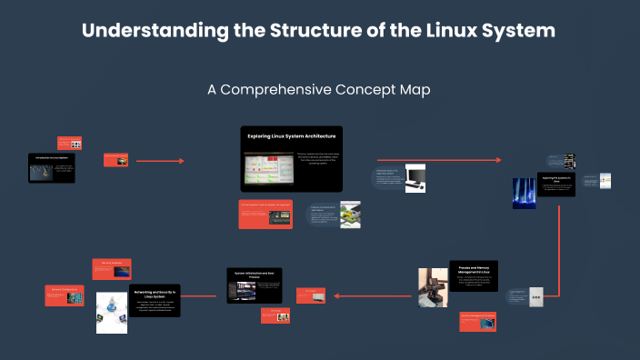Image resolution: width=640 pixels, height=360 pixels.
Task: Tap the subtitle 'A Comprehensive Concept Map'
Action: pyautogui.click(x=318, y=90)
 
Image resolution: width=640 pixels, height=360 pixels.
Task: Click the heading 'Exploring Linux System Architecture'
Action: pyautogui.click(x=285, y=136)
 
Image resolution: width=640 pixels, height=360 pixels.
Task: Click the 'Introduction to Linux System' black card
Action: pyautogui.click(x=51, y=168)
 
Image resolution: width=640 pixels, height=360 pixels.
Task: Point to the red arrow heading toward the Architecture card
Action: pyautogui.click(x=168, y=161)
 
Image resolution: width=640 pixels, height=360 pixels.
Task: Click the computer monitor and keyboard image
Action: pyautogui.click(x=415, y=177)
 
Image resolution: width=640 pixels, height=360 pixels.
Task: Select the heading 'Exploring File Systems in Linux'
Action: pyautogui.click(x=554, y=178)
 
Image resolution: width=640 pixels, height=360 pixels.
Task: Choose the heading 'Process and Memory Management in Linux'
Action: pyautogui.click(x=473, y=270)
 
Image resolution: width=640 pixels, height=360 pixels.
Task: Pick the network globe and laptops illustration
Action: pyautogui.click(x=112, y=312)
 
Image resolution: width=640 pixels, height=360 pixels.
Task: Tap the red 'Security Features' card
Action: pyautogui.click(x=114, y=267)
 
